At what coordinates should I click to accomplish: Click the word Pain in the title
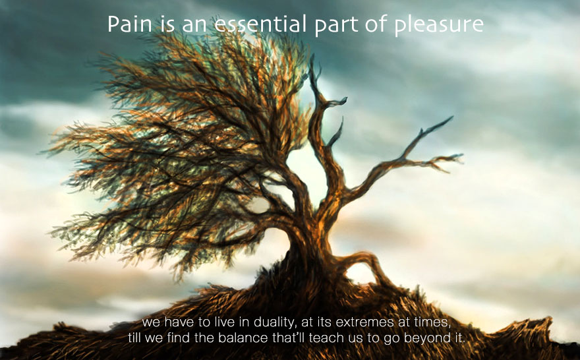(x=130, y=24)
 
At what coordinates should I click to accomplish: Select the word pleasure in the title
(x=438, y=26)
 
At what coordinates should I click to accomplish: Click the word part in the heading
(x=336, y=26)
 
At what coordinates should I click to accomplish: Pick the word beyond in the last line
(x=425, y=338)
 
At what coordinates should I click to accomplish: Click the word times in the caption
(x=433, y=322)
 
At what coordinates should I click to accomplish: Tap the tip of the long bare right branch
(x=452, y=117)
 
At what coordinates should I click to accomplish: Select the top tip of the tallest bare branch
(x=312, y=57)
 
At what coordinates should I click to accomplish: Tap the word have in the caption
(x=179, y=322)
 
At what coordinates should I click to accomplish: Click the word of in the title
(x=376, y=24)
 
